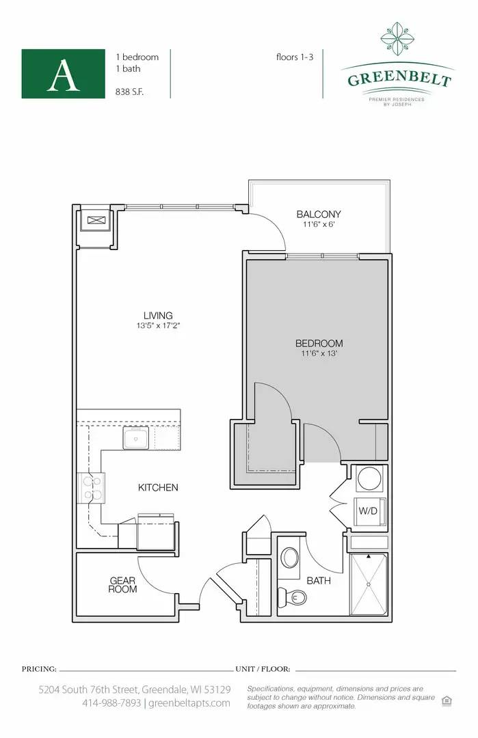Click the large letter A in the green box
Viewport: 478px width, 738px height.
coord(63,76)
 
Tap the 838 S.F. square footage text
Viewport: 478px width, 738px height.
coord(129,92)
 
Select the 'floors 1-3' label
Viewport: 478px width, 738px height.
coord(295,57)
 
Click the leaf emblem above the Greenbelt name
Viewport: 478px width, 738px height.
coord(397,38)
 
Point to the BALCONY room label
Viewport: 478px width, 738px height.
coord(319,214)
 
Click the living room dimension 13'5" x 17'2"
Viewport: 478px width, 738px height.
coord(158,325)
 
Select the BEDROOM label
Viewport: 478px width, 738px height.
coord(319,343)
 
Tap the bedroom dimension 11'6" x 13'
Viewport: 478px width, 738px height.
coord(319,353)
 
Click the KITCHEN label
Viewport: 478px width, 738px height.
coord(158,488)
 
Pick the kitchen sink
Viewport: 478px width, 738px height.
coord(135,438)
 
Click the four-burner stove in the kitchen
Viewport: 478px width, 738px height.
coord(92,488)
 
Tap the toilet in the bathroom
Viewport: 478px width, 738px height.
coord(293,597)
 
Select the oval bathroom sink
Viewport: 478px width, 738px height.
coord(289,558)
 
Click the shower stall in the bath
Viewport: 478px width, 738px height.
coord(369,584)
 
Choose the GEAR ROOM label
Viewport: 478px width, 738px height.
coord(122,585)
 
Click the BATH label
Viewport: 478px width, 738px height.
coord(319,581)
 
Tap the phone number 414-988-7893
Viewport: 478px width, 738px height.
coord(111,703)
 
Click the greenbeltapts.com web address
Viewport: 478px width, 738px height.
coord(189,703)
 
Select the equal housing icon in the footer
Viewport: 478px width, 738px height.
coord(447,701)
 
